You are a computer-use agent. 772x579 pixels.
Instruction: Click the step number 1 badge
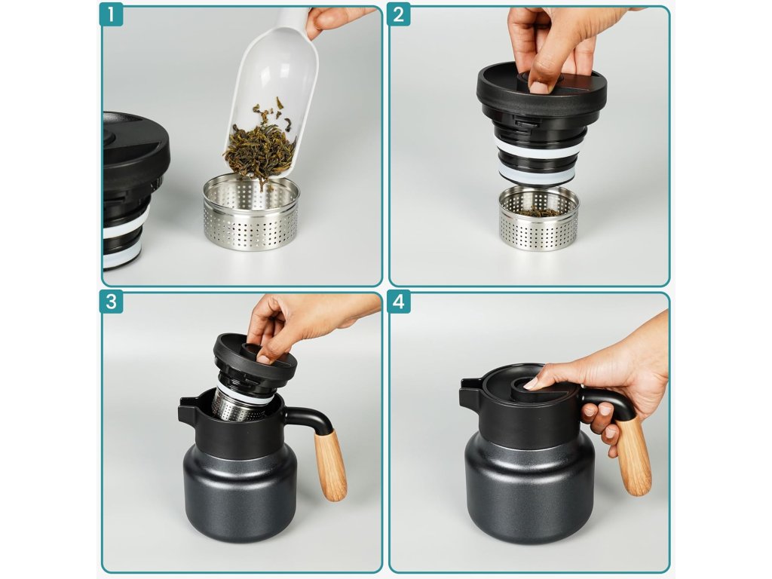coord(111,14)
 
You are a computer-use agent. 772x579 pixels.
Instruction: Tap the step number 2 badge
coord(398,14)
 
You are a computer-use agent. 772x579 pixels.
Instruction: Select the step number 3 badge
coord(111,302)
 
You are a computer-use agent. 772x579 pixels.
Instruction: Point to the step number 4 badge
coord(398,302)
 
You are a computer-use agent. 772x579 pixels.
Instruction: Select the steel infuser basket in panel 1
coord(251,213)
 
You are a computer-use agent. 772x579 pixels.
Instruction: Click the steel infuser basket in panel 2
coord(538,219)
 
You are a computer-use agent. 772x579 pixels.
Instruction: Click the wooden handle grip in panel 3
coord(330,464)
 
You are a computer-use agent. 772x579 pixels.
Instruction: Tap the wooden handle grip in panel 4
coord(633,455)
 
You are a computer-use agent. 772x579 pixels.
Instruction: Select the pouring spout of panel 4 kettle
coord(470,391)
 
